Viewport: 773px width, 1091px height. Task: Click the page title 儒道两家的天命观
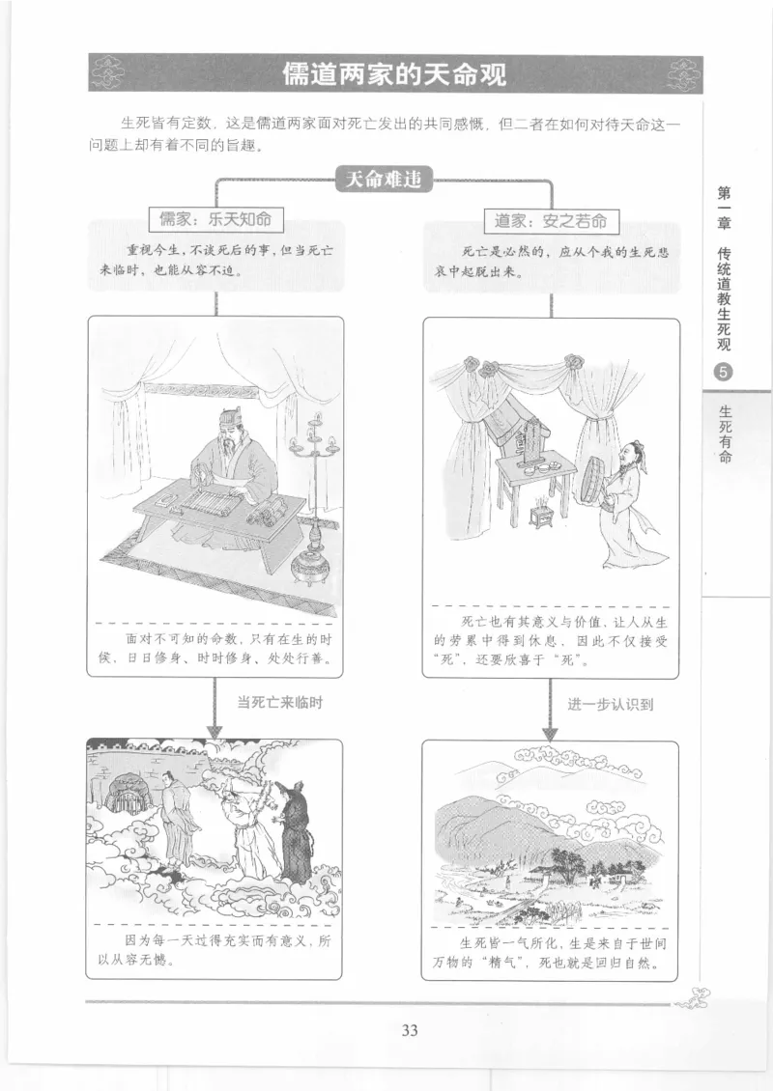coord(394,74)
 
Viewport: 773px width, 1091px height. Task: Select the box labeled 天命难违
coord(384,179)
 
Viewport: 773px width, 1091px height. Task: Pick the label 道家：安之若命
coord(551,220)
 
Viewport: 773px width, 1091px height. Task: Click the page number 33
coord(409,1029)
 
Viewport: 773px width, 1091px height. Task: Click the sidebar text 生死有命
coord(725,434)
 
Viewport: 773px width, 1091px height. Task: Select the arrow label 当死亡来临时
coord(279,703)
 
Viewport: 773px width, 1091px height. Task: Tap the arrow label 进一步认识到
coord(611,704)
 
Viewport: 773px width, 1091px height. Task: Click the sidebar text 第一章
coord(724,208)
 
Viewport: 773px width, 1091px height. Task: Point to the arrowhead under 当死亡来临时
coord(215,729)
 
